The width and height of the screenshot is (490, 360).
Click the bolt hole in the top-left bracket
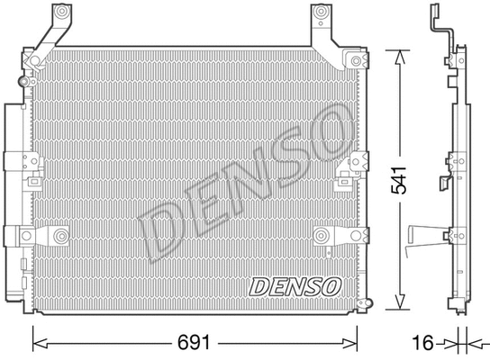click(62, 15)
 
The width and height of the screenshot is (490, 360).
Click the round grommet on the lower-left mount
click(60, 236)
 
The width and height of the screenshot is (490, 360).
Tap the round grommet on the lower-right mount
click(322, 236)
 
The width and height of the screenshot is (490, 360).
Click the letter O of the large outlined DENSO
click(326, 128)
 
